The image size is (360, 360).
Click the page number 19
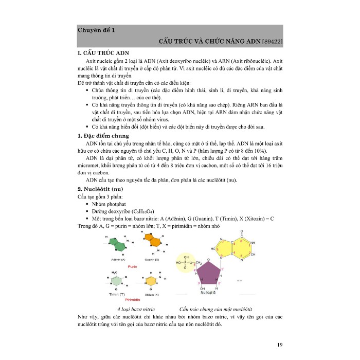click(280, 330)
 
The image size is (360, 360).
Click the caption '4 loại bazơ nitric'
click(136, 309)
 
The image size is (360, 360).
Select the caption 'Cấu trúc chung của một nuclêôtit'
click(215, 309)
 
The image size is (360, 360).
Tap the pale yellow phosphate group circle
click(189, 262)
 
